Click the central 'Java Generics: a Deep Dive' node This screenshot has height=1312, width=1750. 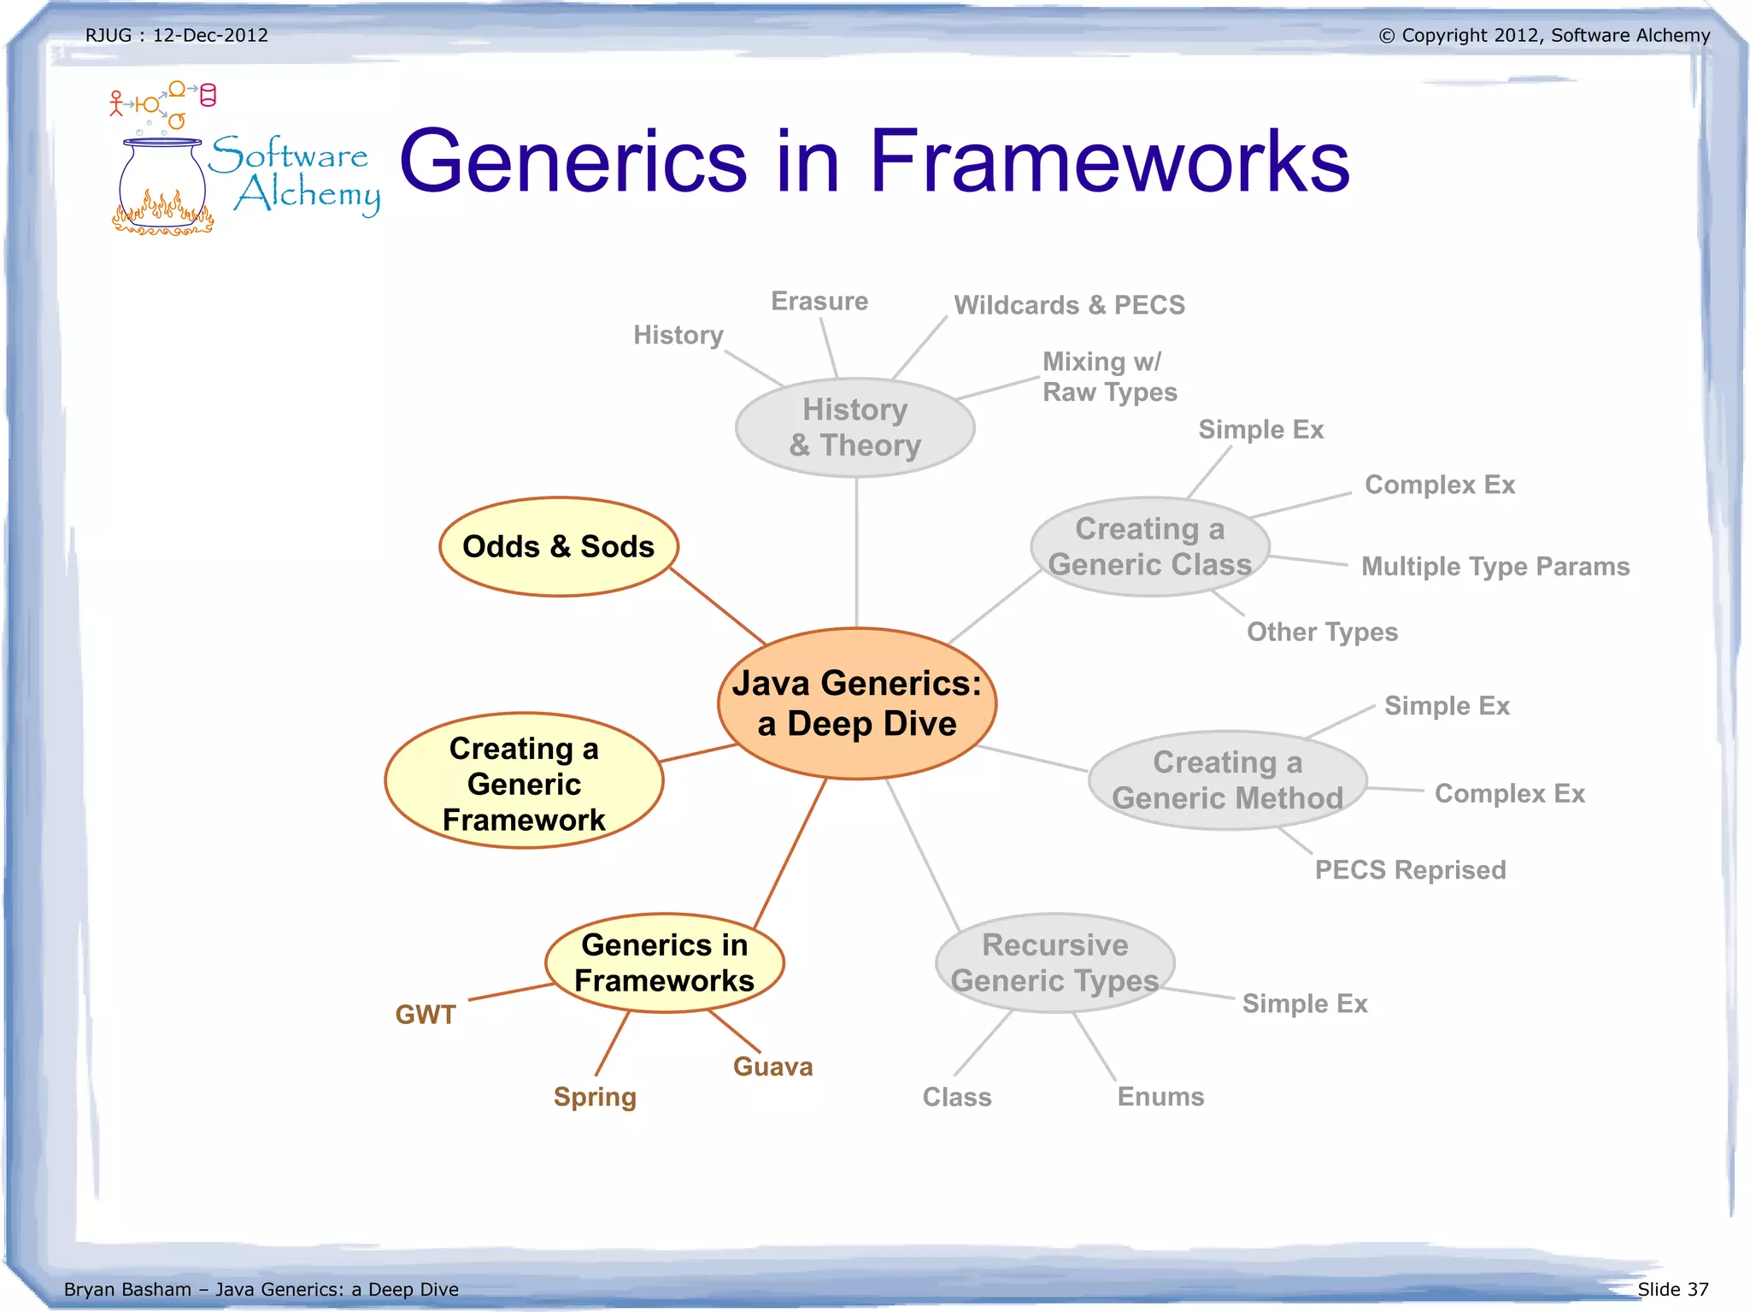pos(857,703)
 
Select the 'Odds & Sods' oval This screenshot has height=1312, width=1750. pos(558,547)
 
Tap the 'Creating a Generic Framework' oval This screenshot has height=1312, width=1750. pos(524,781)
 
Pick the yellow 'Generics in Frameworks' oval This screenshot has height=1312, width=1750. pos(664,962)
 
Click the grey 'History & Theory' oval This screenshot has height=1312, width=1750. pos(854,427)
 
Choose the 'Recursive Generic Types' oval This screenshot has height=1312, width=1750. pos(1054,962)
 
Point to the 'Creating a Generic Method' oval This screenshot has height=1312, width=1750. pos(1227,780)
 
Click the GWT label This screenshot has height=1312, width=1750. pos(426,1015)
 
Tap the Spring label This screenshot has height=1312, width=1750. pos(595,1097)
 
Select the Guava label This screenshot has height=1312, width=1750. pos(772,1067)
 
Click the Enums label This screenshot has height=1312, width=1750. pos(1160,1097)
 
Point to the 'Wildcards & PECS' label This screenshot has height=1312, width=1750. pos(1069,305)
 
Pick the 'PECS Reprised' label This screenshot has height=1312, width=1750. pos(1410,870)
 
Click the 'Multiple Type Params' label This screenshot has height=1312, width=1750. pos(1495,567)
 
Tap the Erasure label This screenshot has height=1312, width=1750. pos(819,301)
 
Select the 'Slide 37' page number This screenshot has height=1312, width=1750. pos(1672,1289)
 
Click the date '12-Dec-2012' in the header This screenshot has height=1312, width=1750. pos(210,35)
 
